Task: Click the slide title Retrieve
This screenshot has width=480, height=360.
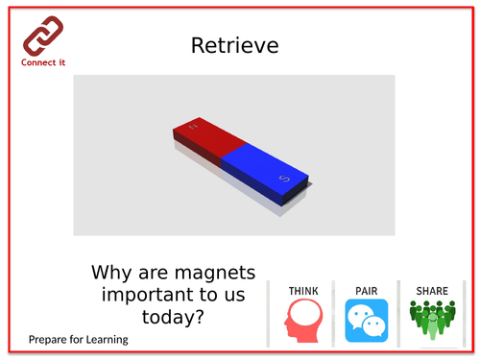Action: [234, 45]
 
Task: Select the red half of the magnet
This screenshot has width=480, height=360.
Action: [204, 139]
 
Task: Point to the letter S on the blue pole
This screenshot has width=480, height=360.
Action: [283, 179]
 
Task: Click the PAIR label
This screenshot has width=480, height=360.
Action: [367, 289]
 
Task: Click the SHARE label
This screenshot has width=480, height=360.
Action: [431, 289]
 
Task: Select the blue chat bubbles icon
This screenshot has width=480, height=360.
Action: [367, 321]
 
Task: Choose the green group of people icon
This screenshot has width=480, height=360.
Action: [432, 321]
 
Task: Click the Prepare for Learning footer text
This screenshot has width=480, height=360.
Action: [78, 339]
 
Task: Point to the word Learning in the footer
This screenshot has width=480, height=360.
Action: [106, 339]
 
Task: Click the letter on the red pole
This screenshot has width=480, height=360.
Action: [193, 126]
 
